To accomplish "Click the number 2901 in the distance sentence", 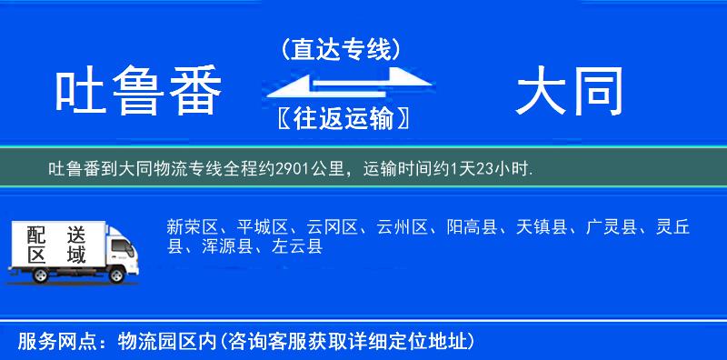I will pyautogui.click(x=297, y=169).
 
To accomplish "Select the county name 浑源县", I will pyautogui.click(x=227, y=245).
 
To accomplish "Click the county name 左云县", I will pyautogui.click(x=296, y=245).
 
